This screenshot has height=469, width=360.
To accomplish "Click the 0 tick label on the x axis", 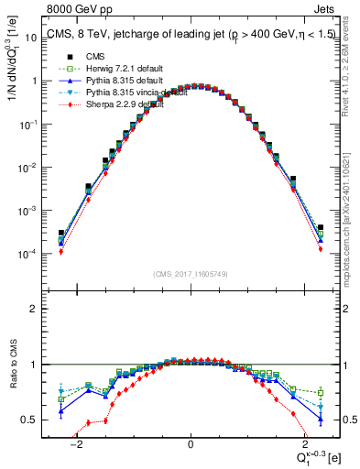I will [191, 444].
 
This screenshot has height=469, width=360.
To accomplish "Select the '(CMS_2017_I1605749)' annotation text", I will [190, 274].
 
